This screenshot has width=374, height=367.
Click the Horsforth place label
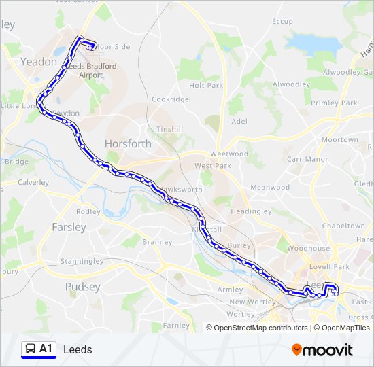[128, 143]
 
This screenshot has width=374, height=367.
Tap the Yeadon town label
[39, 61]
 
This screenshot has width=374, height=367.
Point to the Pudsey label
[82, 287]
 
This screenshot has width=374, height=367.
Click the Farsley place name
[69, 227]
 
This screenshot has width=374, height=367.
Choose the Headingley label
[251, 211]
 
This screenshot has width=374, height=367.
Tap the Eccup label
[282, 22]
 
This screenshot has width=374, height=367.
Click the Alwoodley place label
[291, 84]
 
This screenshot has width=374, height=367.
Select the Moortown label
[339, 139]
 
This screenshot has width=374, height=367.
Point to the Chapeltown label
[343, 226]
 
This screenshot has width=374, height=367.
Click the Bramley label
[156, 242]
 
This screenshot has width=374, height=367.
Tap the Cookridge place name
[170, 99]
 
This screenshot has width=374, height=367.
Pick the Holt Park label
[206, 86]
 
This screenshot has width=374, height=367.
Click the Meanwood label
[270, 187]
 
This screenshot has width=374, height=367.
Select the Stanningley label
[82, 261]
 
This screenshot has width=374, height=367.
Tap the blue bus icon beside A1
[30, 349]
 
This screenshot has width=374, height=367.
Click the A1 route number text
[46, 349]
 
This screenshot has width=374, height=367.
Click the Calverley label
[33, 182]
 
